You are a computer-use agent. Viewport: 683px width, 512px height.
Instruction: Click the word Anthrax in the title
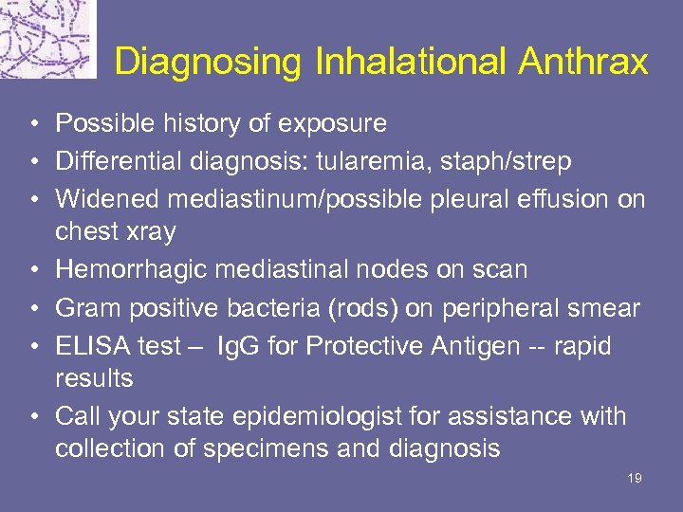click(x=583, y=63)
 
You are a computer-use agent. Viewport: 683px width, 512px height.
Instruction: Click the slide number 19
click(x=635, y=479)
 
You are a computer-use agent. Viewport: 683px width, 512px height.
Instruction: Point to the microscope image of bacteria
click(x=47, y=39)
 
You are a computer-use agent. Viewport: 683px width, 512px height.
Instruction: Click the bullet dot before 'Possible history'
click(x=32, y=124)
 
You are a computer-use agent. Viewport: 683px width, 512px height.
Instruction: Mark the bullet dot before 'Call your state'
click(x=32, y=416)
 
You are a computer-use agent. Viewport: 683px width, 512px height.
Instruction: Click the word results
click(x=94, y=378)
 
